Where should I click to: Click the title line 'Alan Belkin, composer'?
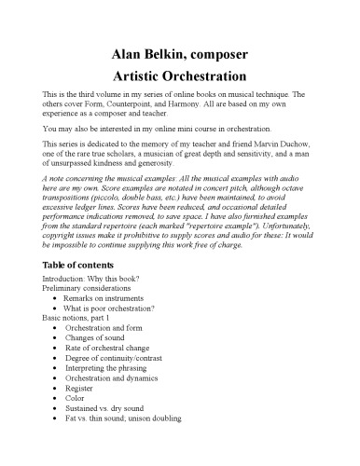[x=179, y=53]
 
